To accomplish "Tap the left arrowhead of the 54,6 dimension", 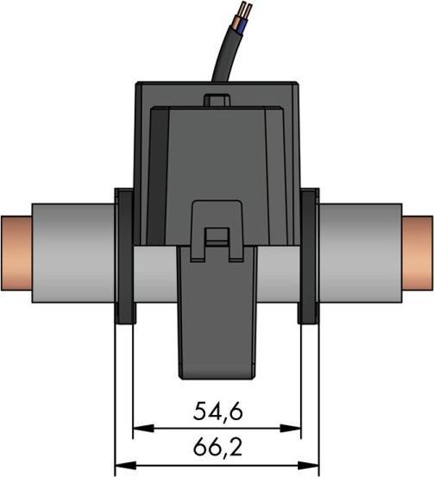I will pyautogui.click(x=138, y=429).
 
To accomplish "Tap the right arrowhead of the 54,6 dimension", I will pyautogui.click(x=295, y=429).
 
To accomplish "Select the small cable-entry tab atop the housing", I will pyautogui.click(x=217, y=100).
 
